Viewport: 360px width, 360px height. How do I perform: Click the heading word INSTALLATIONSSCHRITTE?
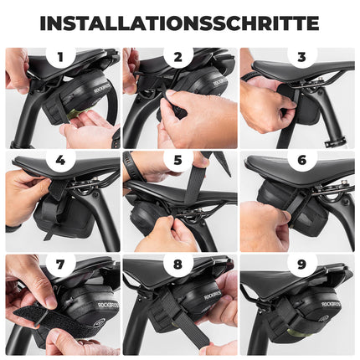[x=179, y=23]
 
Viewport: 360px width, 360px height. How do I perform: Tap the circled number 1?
[x=60, y=58]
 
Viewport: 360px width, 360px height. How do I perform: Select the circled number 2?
[x=178, y=58]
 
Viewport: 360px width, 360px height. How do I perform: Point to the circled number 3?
[x=301, y=58]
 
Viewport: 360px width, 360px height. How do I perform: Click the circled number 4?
[x=60, y=159]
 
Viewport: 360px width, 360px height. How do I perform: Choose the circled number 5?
[x=178, y=159]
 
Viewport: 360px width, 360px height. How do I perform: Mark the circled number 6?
[x=301, y=159]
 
